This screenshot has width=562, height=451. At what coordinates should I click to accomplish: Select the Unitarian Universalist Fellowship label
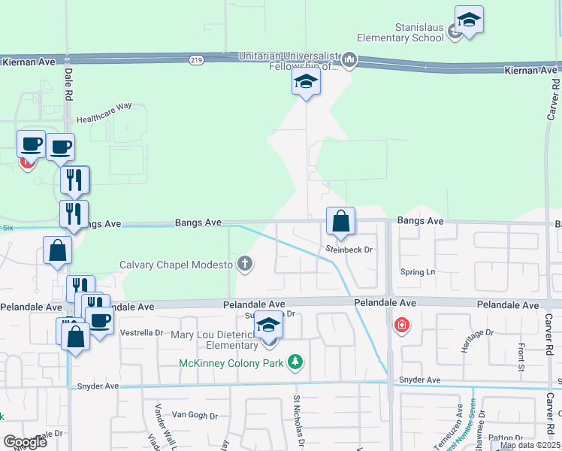point(289,61)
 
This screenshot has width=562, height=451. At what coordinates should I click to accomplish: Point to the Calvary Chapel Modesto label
point(176,265)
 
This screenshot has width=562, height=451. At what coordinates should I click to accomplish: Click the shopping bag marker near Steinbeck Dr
point(340,222)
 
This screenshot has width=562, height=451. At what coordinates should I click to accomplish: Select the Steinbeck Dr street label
point(349,250)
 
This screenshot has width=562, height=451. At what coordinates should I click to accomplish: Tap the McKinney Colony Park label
point(231,364)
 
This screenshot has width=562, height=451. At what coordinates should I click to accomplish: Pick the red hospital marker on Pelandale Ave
point(402,325)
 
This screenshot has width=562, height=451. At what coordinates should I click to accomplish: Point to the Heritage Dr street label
point(479,334)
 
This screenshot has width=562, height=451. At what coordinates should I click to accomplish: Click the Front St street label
point(521,352)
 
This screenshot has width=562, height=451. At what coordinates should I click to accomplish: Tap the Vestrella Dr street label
point(141,332)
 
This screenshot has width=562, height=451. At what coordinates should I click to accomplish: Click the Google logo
point(26,442)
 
